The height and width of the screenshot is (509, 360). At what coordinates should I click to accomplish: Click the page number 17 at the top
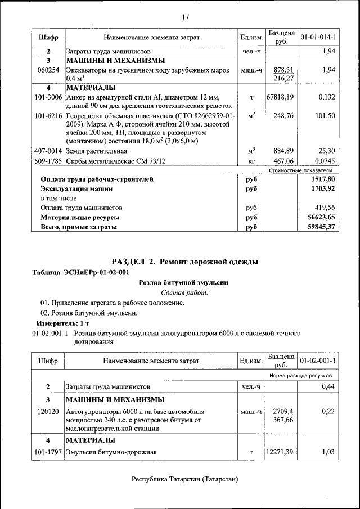pos(185,16)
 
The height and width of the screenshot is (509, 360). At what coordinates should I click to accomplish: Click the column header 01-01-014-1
pos(318,37)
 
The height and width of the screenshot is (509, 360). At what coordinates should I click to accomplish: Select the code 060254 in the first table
pos(48,70)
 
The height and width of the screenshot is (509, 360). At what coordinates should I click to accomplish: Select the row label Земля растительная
pos(96,151)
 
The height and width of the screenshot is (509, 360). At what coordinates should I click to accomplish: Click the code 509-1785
pos(48,160)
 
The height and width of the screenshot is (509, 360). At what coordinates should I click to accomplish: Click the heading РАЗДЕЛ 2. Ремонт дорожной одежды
pos(185,262)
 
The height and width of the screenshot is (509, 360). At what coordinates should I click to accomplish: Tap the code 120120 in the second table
pos(48,412)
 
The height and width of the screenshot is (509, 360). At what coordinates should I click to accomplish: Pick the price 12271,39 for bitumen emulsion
pos(280,452)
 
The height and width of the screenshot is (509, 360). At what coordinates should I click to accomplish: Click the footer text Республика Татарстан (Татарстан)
pos(185,479)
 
